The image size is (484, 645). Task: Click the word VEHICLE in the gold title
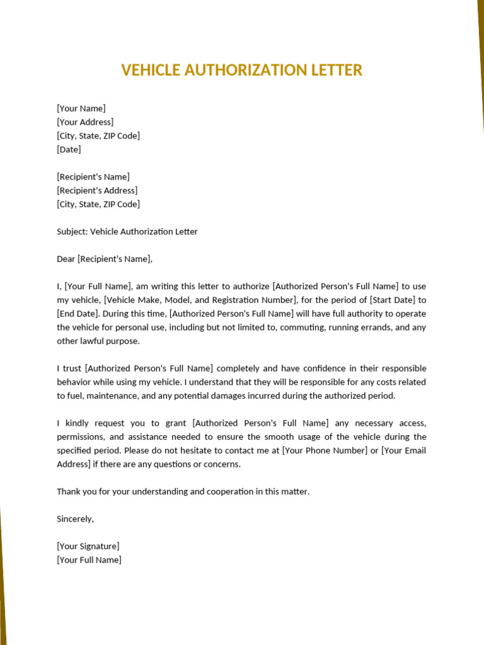coord(151,70)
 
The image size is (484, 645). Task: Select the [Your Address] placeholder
coord(85,122)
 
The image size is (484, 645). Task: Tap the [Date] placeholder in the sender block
coord(69,149)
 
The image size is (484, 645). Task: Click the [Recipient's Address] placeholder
coord(97,190)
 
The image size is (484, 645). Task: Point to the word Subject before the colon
coord(72,232)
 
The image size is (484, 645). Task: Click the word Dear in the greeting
coord(66,259)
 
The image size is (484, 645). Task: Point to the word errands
coord(377,328)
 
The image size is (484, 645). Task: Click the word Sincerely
coord(75,519)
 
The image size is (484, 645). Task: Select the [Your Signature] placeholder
coord(88,546)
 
